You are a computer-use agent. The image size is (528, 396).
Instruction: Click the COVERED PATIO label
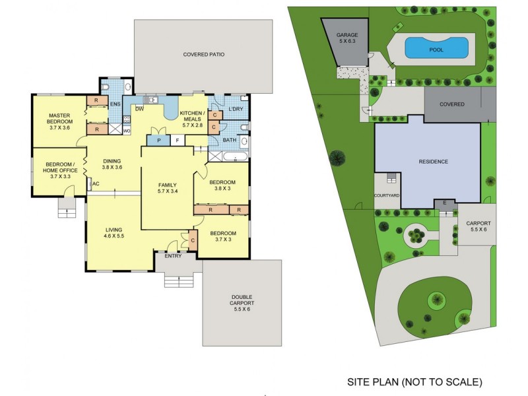tap(204, 55)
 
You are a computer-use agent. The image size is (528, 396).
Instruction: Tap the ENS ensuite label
tap(115, 104)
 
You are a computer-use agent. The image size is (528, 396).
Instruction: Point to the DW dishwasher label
tap(140, 108)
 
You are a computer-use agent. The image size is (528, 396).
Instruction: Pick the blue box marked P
tap(159, 140)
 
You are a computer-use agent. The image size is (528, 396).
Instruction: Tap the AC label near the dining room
tap(95, 183)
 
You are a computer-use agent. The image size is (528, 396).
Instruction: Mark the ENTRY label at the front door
tap(173, 256)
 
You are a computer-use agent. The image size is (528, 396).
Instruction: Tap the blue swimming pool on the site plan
tap(436, 48)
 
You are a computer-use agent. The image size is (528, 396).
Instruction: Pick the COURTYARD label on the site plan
tap(387, 196)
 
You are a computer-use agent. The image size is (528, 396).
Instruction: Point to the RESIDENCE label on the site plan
tap(433, 162)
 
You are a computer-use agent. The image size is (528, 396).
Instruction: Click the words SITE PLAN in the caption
tap(374, 381)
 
